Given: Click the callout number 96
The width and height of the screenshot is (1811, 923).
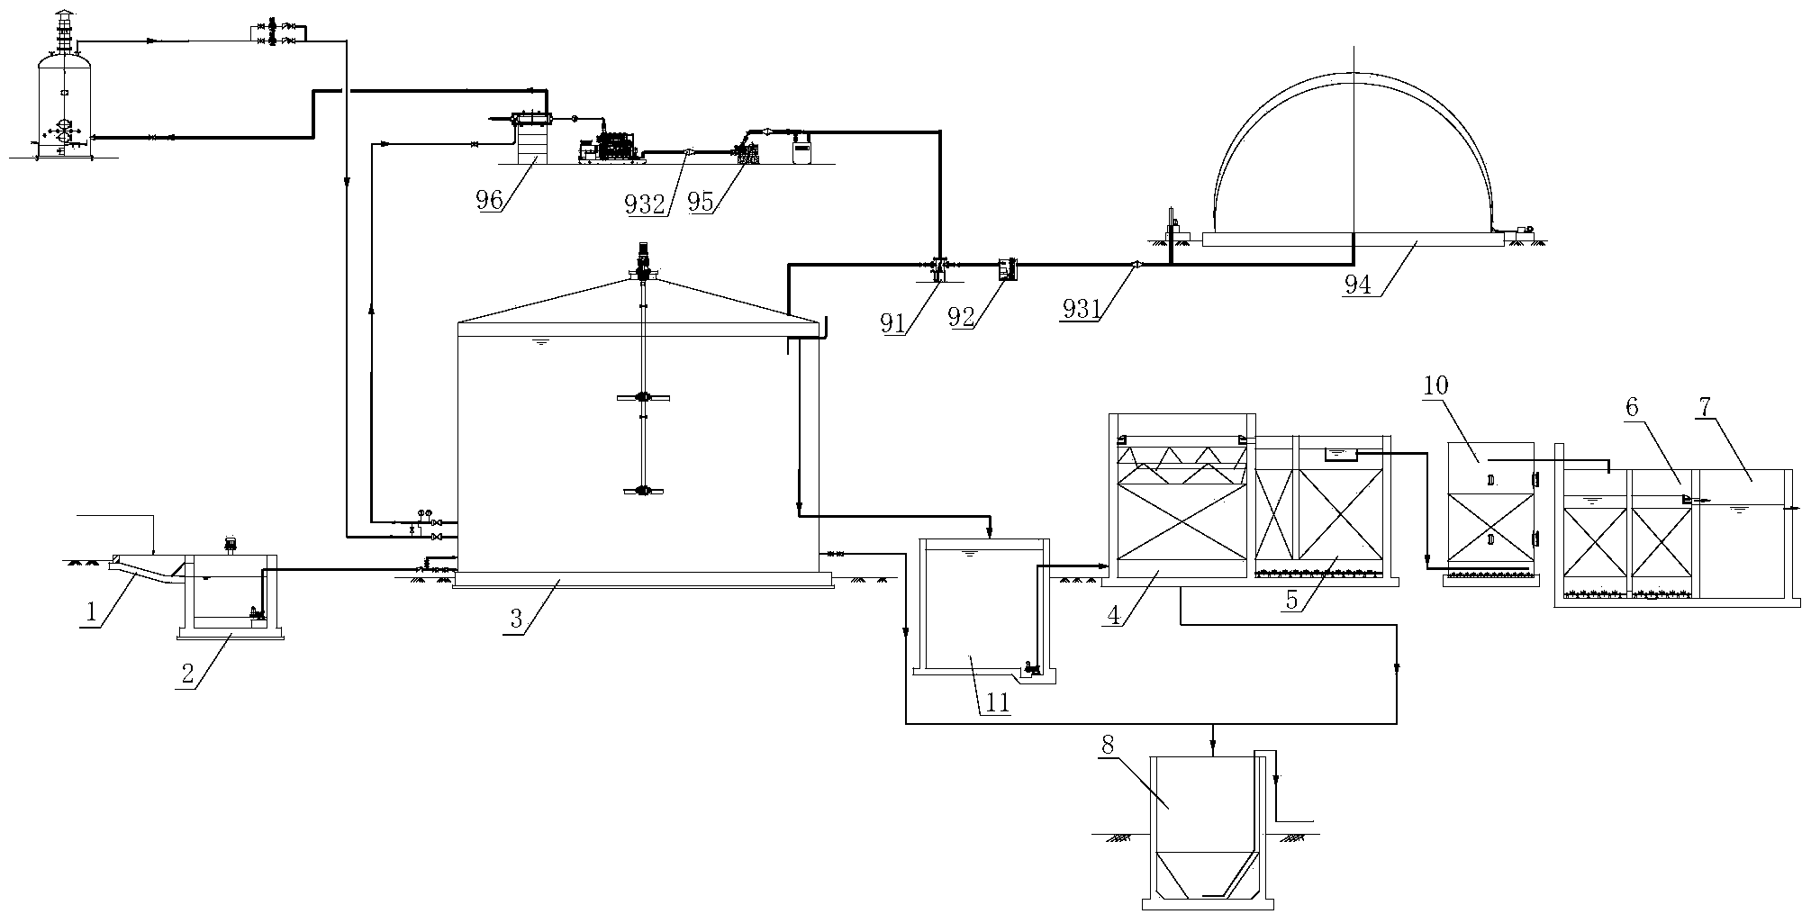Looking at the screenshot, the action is [489, 199].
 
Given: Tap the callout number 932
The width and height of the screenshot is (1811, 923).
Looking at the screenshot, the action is [645, 204].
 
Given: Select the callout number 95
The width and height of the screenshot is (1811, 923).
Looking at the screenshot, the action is [701, 202].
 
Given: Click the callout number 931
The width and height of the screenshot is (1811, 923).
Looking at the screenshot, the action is [1082, 309].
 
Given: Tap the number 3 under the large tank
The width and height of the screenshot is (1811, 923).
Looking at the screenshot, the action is [516, 619].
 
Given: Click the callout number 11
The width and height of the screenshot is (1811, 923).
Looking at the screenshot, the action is [997, 702].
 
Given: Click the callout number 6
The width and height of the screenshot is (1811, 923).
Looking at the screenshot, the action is [1632, 407].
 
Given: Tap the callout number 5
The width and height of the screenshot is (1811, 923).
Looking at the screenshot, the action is [1292, 600].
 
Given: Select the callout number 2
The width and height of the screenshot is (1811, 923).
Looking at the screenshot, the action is [187, 675].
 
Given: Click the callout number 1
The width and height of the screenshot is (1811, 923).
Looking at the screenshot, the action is [91, 614].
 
